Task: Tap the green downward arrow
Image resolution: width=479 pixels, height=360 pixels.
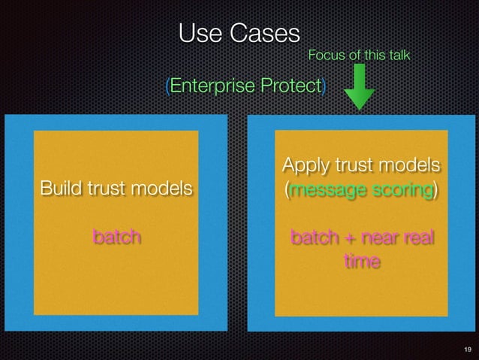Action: tap(360, 87)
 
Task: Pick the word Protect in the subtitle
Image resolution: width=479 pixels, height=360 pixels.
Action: tap(291, 86)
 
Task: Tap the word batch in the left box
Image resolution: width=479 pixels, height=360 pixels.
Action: tap(116, 237)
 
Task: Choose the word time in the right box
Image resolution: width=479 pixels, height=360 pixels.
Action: tap(361, 262)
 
